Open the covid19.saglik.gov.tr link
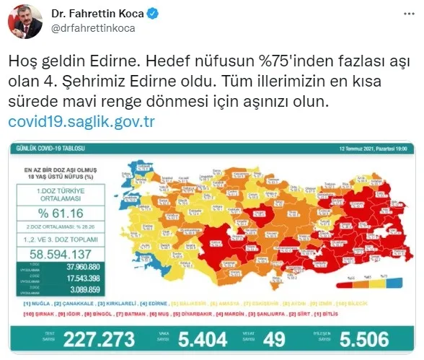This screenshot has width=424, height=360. click(81, 120)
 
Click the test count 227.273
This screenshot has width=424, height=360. click(93, 340)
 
